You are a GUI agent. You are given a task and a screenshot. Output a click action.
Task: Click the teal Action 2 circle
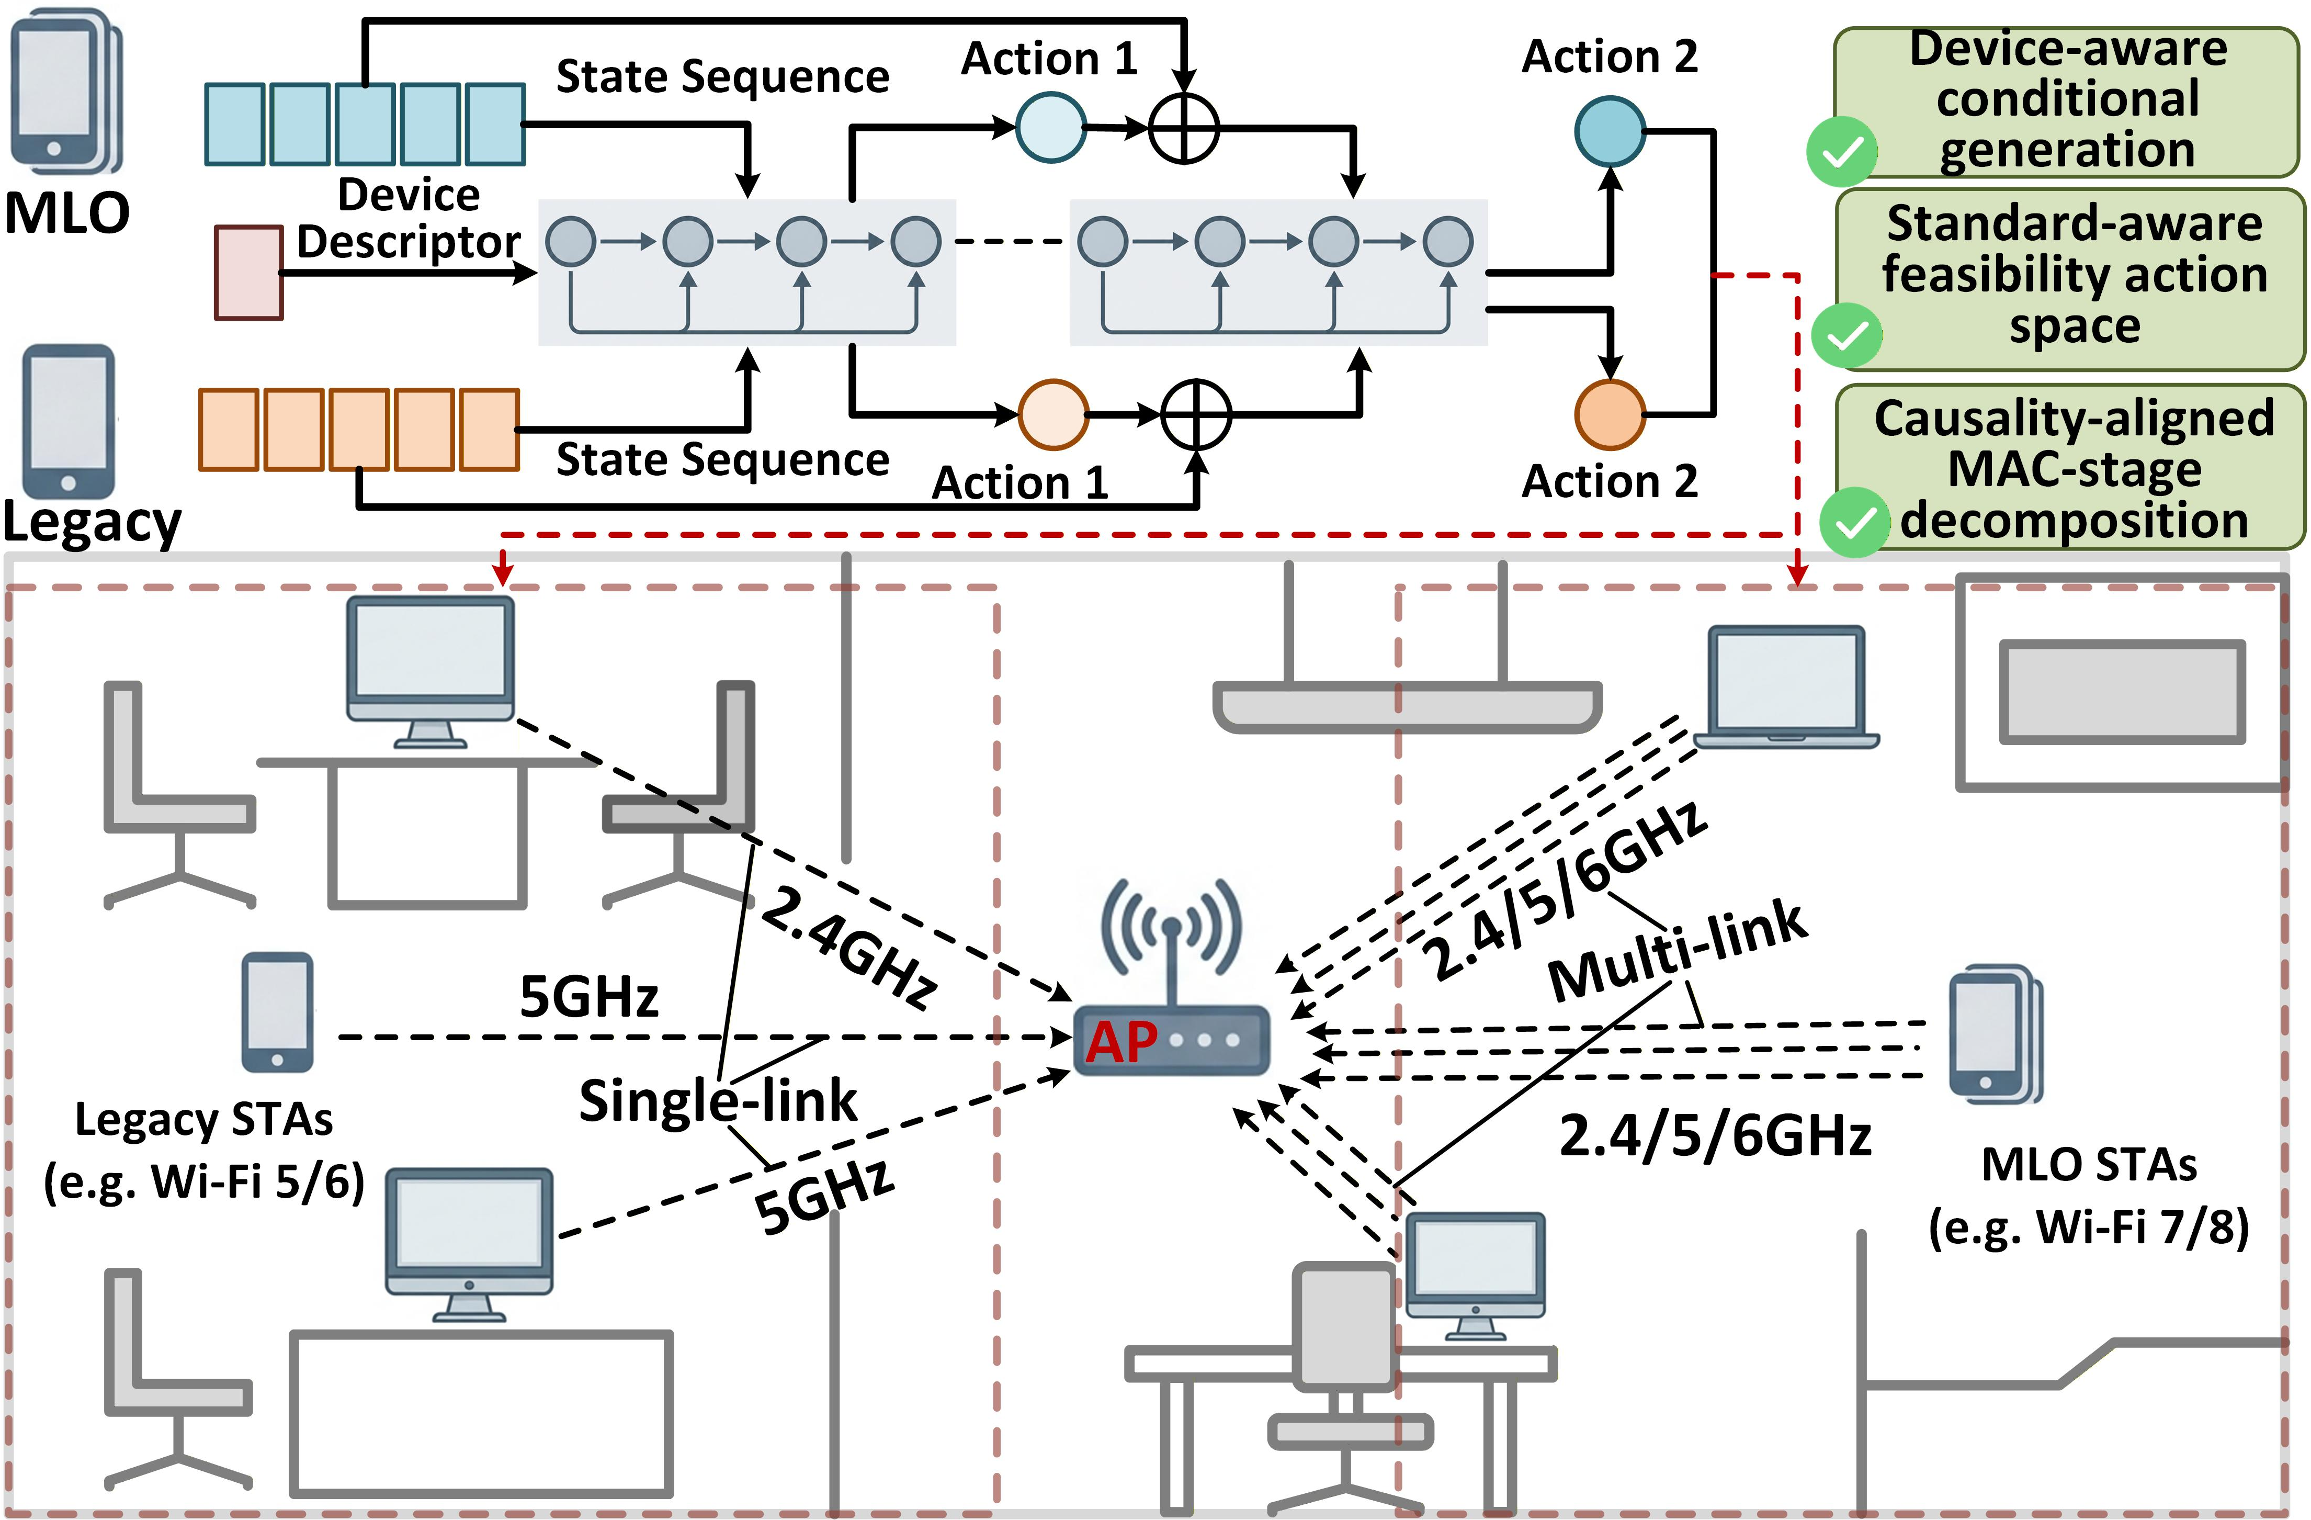point(1610,131)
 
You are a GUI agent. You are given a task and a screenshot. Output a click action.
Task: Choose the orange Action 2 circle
point(1610,415)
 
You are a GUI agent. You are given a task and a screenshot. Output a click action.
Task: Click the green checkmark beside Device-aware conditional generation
point(1841,152)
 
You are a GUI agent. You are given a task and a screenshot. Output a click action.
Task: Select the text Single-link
point(719,1100)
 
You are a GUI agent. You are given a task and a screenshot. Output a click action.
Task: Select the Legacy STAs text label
point(204,1119)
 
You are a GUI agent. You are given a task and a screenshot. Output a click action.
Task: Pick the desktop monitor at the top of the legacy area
point(430,672)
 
